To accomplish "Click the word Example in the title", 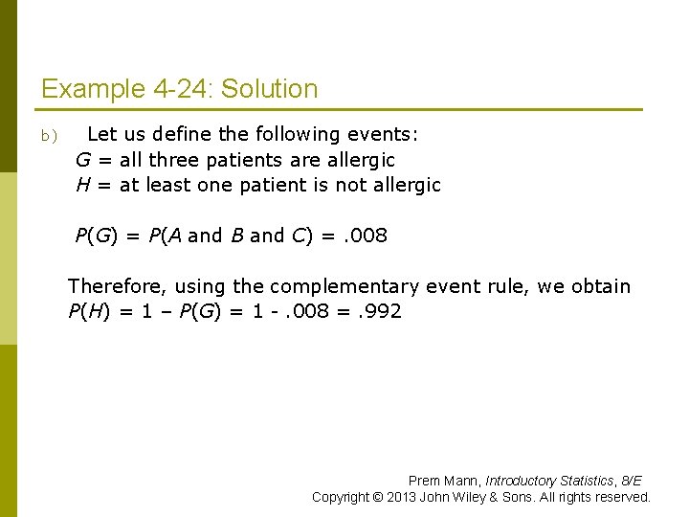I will coord(93,90).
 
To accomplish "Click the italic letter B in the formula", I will coord(236,236).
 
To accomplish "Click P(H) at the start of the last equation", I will coord(88,311).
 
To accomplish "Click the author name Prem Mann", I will coord(444,481).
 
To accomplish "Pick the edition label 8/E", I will coord(632,481).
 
